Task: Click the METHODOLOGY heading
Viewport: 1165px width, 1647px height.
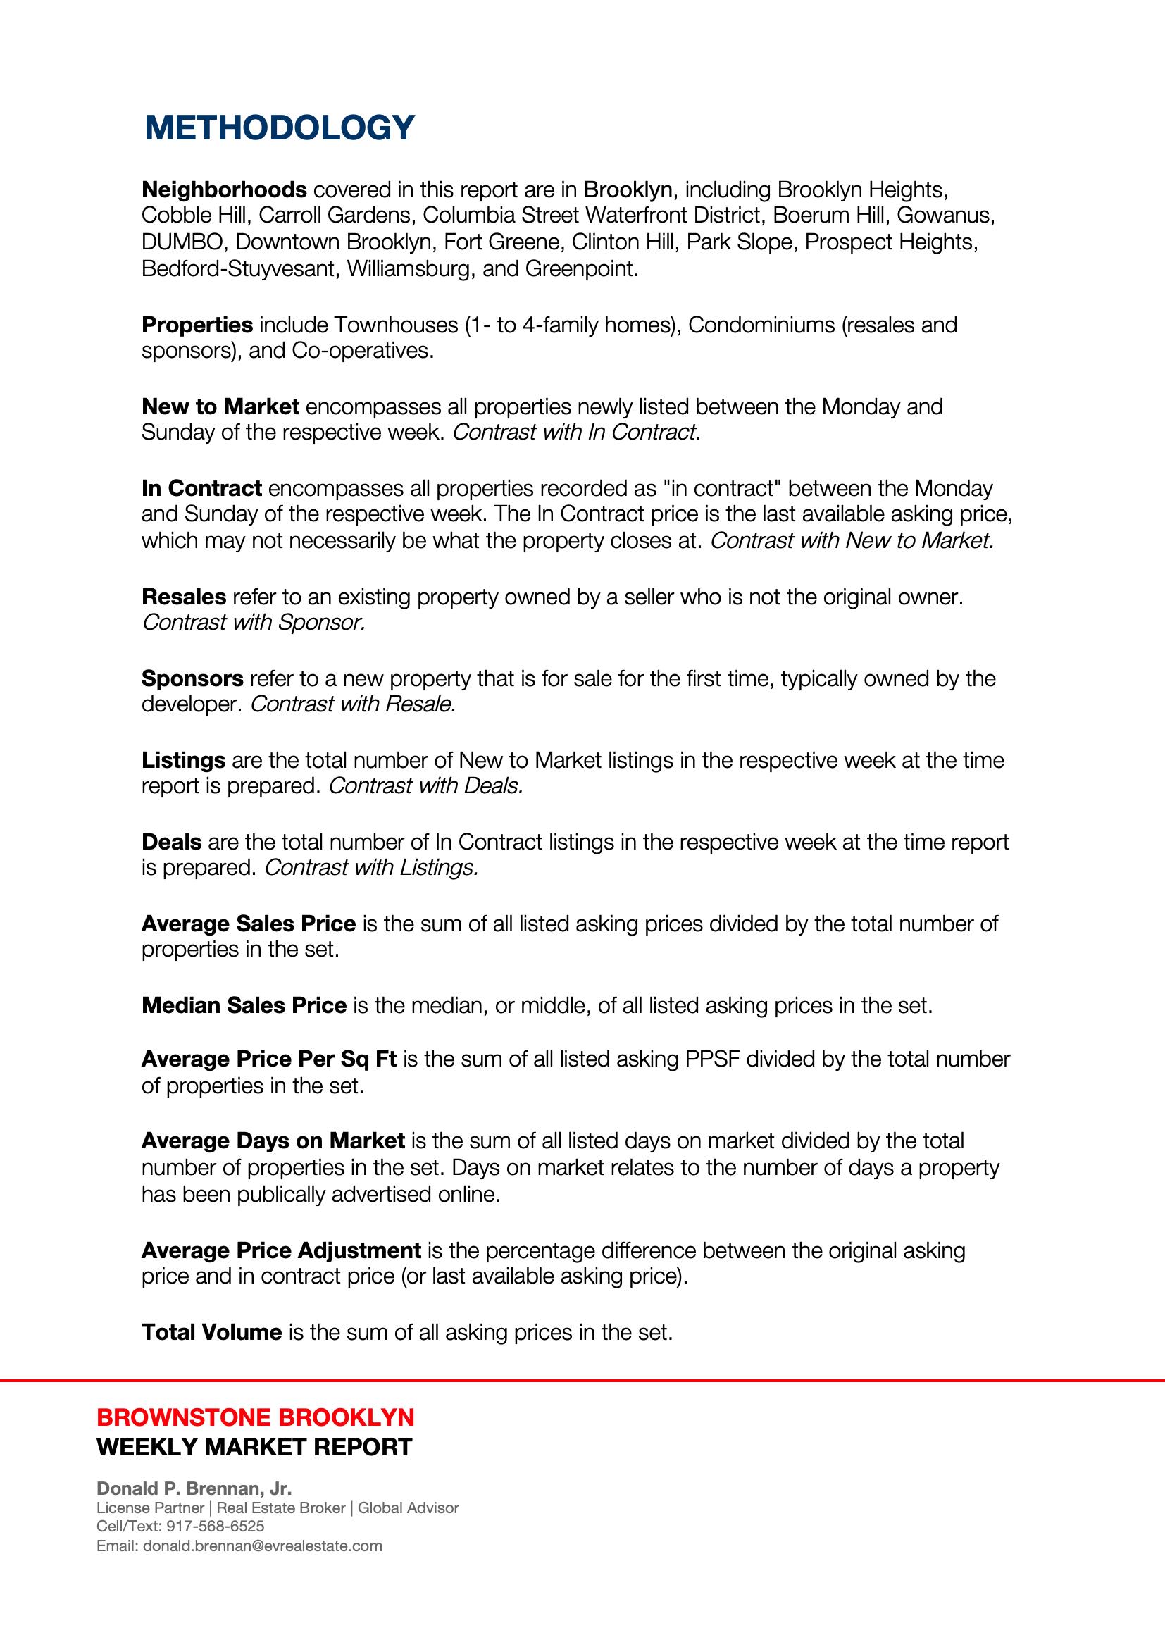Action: [280, 128]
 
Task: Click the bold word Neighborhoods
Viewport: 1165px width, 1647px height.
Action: [224, 190]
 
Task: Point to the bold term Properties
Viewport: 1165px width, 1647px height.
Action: [197, 325]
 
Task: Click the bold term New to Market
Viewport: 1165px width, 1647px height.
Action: [220, 406]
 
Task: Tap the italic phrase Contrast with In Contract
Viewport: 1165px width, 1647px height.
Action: [577, 433]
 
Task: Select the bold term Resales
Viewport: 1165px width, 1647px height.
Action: [184, 596]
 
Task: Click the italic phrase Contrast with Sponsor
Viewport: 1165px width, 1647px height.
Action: [254, 623]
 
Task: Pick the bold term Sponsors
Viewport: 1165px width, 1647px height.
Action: [192, 678]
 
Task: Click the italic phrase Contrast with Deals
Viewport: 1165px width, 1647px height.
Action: [425, 786]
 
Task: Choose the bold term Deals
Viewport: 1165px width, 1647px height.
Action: [171, 841]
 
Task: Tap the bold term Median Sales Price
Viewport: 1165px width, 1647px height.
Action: [244, 1005]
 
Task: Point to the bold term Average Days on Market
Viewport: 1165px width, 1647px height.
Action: [273, 1141]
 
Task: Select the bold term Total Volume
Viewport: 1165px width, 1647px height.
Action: [211, 1332]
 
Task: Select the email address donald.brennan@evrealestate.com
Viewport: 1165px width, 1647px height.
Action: [263, 1546]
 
